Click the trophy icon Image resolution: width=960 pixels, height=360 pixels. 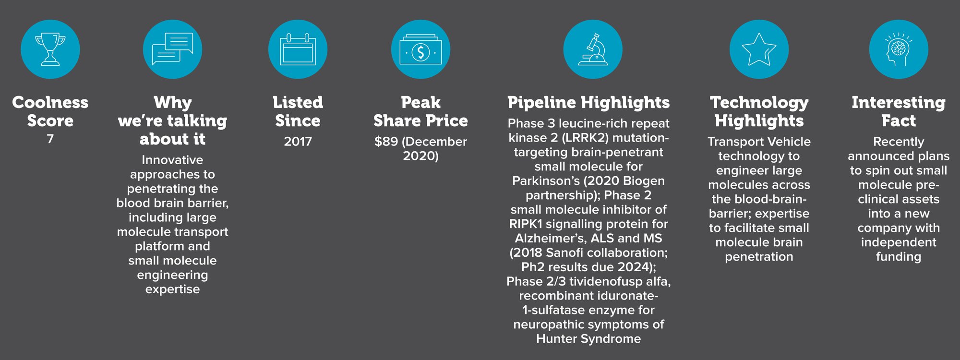(x=50, y=49)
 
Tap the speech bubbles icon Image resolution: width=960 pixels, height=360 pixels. (x=172, y=49)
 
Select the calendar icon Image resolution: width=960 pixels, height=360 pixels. (x=298, y=49)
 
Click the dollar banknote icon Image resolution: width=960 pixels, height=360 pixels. (x=420, y=49)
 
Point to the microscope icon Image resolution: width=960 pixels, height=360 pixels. (x=593, y=49)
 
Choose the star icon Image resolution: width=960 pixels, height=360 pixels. (x=759, y=49)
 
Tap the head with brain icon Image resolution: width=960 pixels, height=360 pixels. (x=899, y=49)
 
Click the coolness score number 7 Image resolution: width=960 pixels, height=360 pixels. (x=50, y=139)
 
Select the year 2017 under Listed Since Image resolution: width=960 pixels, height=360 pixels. (x=298, y=142)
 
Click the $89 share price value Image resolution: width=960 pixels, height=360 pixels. (x=386, y=142)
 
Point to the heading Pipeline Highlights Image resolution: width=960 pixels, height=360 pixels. (x=588, y=102)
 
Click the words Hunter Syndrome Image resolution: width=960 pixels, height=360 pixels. (x=588, y=339)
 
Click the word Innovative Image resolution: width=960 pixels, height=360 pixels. (x=172, y=160)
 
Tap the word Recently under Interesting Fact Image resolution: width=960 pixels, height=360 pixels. (x=899, y=142)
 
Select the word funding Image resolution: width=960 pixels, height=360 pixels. (x=899, y=257)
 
